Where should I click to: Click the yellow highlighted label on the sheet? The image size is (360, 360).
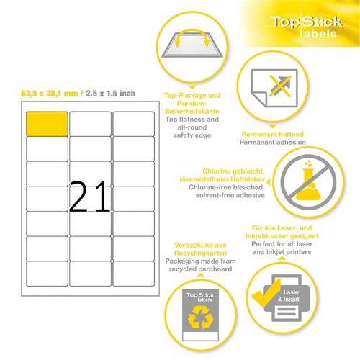(47, 123)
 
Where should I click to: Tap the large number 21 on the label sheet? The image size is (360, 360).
(90, 196)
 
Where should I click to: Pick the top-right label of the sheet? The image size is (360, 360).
(133, 123)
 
